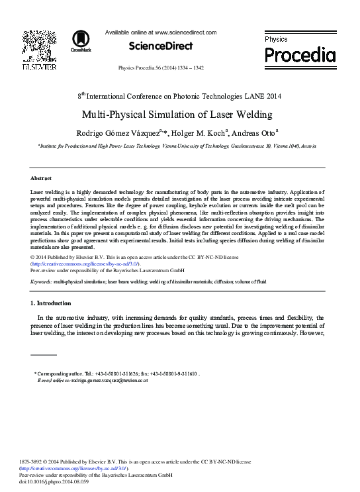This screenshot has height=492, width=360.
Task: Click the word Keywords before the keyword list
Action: pyautogui.click(x=41, y=281)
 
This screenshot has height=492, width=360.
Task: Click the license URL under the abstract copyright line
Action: pyautogui.click(x=85, y=264)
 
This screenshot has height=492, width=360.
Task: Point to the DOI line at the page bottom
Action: pyautogui.click(x=54, y=481)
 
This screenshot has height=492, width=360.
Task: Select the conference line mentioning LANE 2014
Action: pyautogui.click(x=179, y=96)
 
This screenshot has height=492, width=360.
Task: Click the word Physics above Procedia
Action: pyautogui.click(x=276, y=40)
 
